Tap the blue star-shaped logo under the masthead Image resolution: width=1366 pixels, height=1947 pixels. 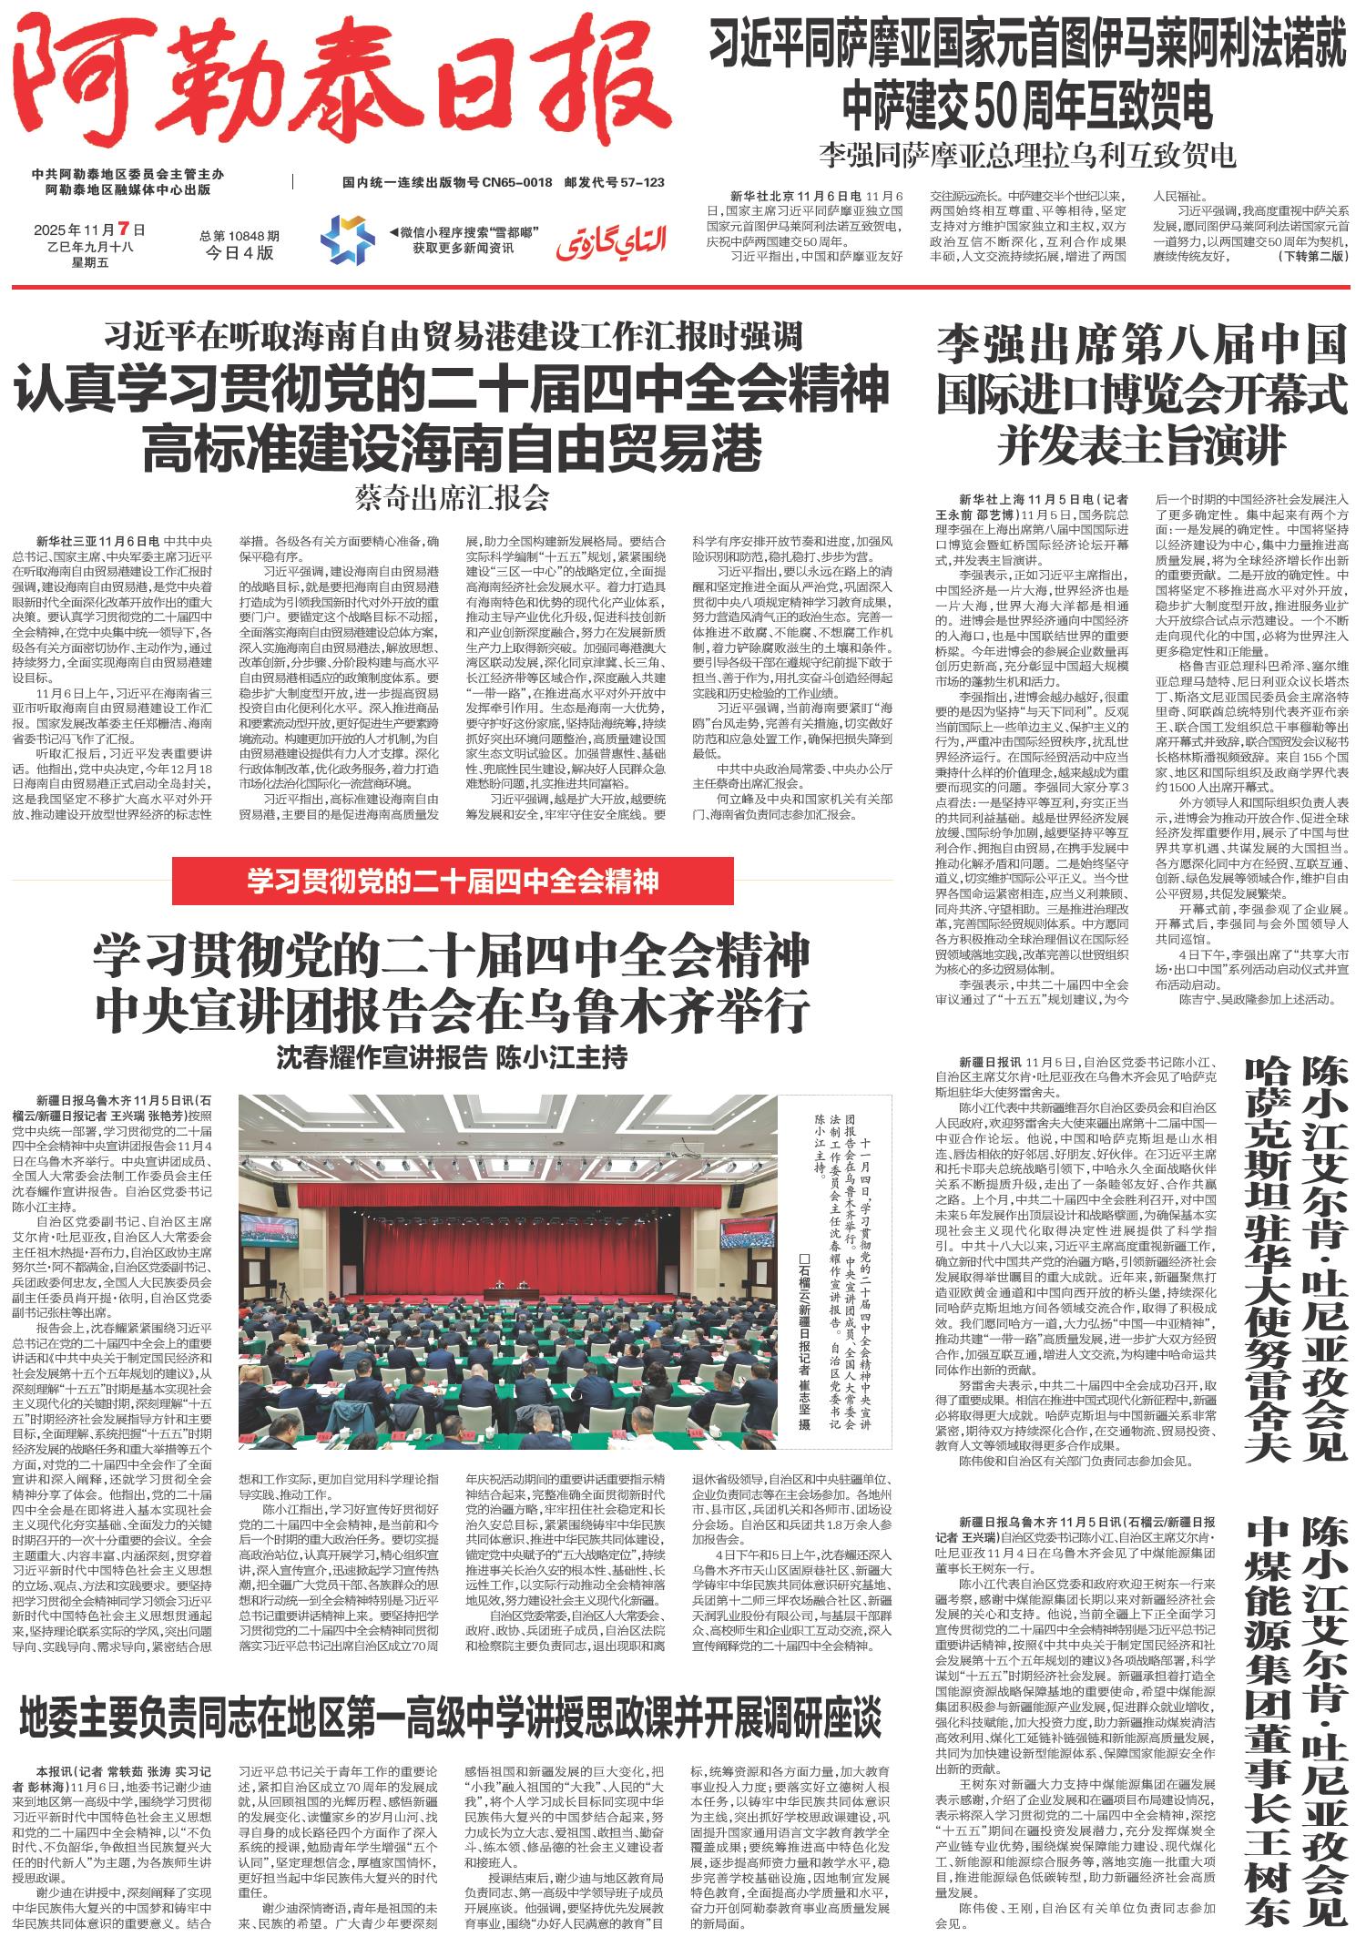[x=347, y=237]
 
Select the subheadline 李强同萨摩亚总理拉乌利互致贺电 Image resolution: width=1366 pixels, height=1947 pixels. [x=1027, y=156]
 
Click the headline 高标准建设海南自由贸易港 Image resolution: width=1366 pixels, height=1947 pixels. [x=453, y=445]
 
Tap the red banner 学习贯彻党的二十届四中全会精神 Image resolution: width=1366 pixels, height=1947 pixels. [x=453, y=882]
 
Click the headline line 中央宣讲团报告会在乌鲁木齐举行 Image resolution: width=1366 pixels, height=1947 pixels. [x=453, y=1006]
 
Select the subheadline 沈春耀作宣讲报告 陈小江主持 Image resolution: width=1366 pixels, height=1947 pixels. [x=453, y=1058]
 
